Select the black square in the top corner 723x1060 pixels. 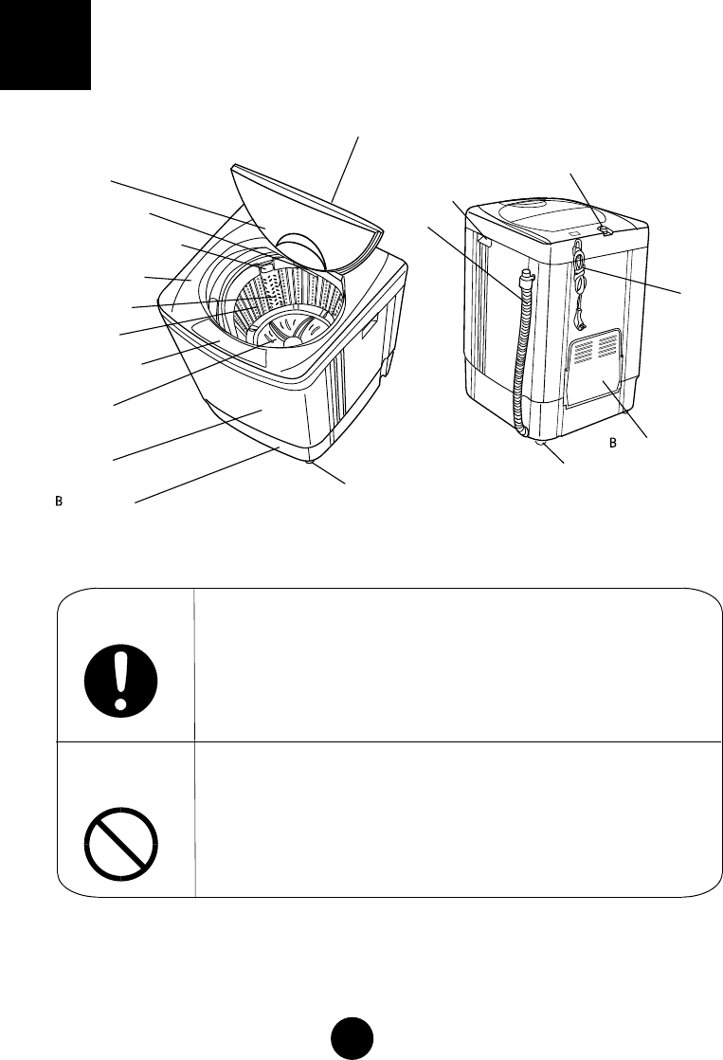45,45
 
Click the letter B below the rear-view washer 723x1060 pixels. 612,443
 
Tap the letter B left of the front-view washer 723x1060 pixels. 58,500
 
